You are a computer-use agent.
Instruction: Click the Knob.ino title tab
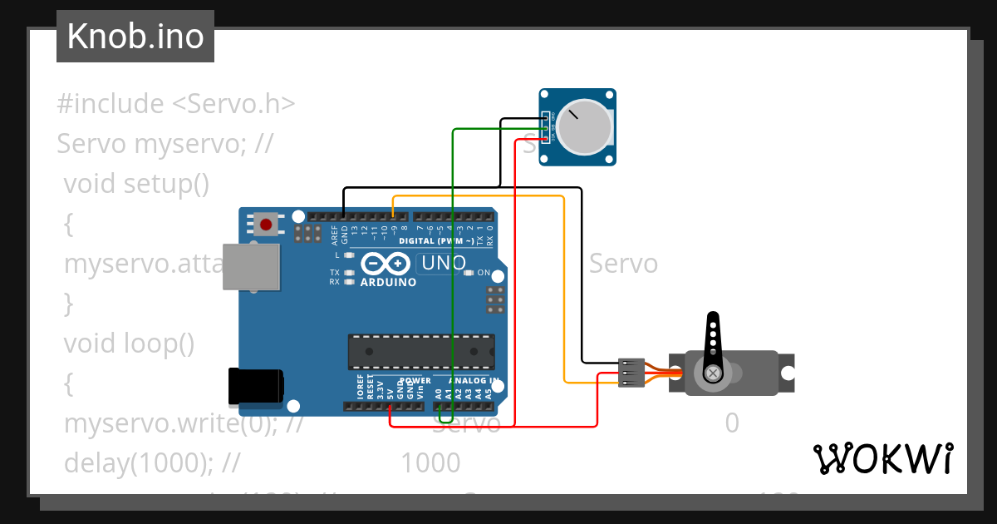pos(135,37)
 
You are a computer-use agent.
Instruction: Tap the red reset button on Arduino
pos(267,224)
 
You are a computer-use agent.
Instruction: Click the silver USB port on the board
pos(251,266)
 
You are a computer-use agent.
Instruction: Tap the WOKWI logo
pos(882,458)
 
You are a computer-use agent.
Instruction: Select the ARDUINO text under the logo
pos(388,283)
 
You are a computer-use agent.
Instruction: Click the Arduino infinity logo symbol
pos(386,264)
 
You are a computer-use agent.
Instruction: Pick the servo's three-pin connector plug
pos(631,373)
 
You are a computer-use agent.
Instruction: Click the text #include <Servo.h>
pos(176,104)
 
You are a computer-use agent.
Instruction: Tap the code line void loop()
pos(129,344)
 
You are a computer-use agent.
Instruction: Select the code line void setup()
pos(136,183)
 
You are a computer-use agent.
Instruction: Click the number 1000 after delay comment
pos(430,462)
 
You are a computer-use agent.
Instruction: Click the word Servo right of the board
pos(623,264)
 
